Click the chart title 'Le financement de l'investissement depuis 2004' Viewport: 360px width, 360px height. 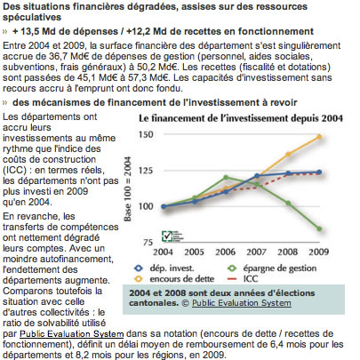[241, 118]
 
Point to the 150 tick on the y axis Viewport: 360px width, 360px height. [146, 134]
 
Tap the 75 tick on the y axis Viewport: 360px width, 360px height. [148, 243]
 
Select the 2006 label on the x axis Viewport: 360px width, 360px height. [225, 252]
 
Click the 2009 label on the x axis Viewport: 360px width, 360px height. [319, 252]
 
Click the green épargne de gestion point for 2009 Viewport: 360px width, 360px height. [319, 228]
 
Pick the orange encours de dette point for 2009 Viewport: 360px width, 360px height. [319, 137]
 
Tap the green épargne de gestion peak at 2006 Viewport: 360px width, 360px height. [226, 178]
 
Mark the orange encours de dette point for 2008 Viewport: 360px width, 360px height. [288, 154]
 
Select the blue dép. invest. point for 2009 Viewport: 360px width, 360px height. [319, 172]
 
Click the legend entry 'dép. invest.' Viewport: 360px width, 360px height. [164, 268]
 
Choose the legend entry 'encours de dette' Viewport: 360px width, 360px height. [174, 279]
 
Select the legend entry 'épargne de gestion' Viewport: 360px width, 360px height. [272, 268]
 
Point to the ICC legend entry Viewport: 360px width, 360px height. [243, 279]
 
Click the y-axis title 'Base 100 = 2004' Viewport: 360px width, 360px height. [127, 188]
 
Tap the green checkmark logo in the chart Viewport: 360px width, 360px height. [167, 236]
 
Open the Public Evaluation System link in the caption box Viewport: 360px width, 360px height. [242, 303]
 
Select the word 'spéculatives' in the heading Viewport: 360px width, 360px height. [32, 18]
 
